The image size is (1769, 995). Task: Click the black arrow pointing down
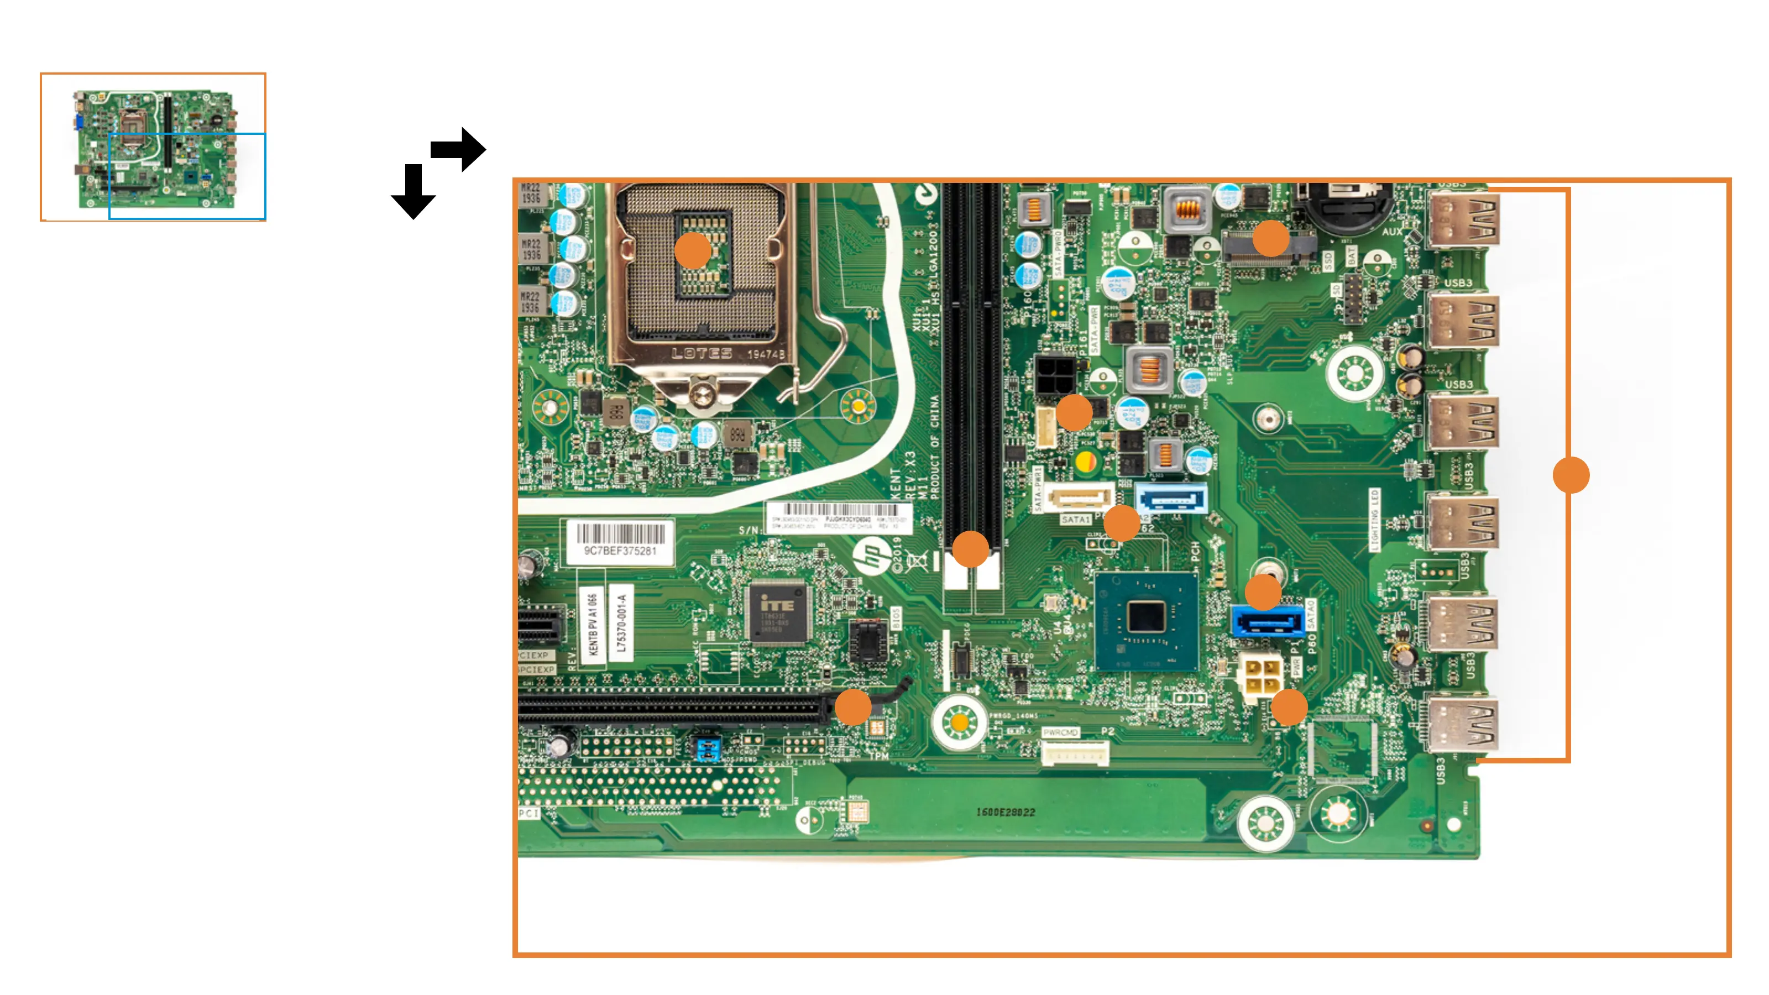413,192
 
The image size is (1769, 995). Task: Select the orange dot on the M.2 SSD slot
1270,238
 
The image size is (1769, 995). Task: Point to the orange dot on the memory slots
970,549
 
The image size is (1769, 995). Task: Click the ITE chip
777,613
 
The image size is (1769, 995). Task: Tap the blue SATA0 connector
1267,622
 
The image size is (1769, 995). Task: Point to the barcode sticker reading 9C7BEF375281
619,541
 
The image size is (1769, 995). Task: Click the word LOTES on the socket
702,354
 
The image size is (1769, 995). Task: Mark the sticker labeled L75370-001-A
621,623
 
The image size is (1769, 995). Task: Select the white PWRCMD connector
1075,754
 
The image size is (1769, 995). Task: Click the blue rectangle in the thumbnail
187,176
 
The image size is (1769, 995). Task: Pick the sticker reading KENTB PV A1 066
593,625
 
